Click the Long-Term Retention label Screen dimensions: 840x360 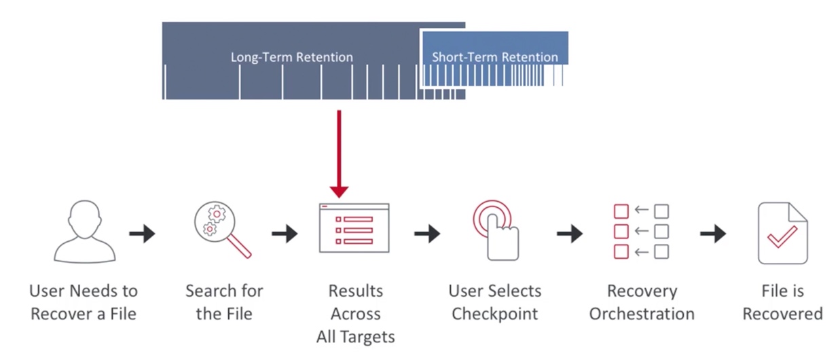pos(292,57)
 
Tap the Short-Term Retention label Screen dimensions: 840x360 pos(495,57)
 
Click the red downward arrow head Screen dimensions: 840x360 pos(339,192)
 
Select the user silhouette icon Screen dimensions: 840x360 pos(85,232)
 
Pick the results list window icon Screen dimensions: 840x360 pos(354,228)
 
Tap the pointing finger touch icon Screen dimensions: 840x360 pos(496,230)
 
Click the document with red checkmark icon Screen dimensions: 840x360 pos(783,233)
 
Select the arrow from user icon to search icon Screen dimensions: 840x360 pos(142,234)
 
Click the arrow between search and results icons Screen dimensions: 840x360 pos(285,234)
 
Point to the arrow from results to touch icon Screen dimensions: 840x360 pos(427,234)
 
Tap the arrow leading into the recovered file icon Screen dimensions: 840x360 pos(713,234)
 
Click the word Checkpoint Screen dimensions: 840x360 pos(494,314)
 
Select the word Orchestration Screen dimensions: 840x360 pos(642,314)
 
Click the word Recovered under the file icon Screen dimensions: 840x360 pos(783,314)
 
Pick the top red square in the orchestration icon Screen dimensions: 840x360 pos(621,211)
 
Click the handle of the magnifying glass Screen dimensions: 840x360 pos(239,246)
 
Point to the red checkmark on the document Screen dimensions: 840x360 pos(782,236)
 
